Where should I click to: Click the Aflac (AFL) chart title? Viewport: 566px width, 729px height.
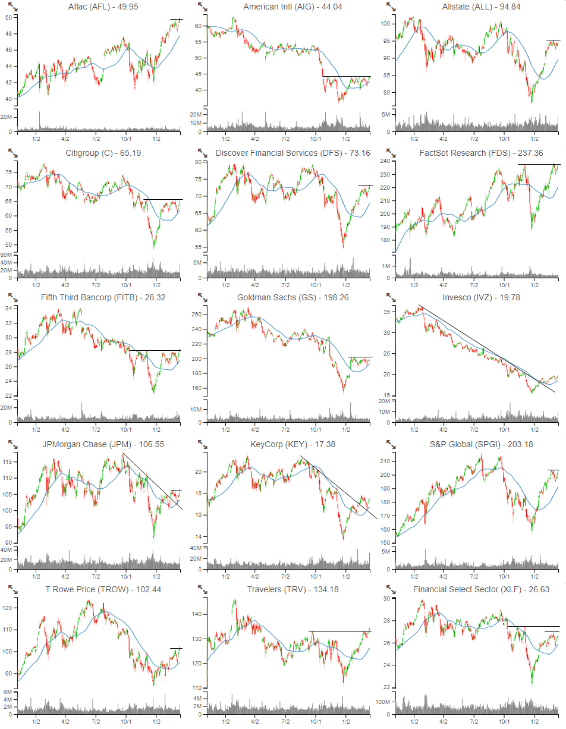click(104, 7)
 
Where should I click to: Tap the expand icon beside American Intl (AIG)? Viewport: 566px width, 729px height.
click(203, 7)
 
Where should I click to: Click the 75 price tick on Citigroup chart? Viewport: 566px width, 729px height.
click(9, 172)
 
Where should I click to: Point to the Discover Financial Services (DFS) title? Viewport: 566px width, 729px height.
click(293, 153)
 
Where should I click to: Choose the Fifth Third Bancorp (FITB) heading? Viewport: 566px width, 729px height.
click(104, 297)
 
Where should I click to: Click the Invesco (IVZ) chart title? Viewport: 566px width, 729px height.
click(481, 297)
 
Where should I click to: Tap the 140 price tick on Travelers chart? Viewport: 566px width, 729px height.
click(198, 614)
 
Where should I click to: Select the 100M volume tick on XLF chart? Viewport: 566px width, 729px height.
click(385, 702)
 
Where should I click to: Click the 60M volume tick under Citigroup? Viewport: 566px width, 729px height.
click(8, 254)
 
